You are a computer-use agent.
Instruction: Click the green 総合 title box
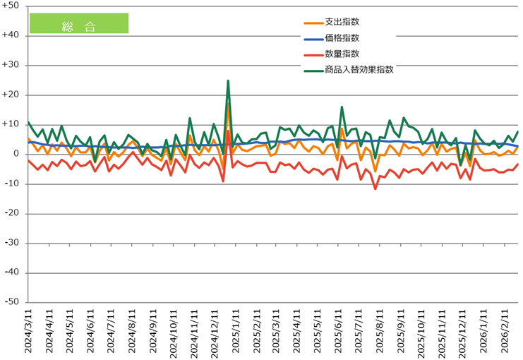pyautogui.click(x=78, y=23)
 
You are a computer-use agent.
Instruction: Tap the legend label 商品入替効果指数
pyautogui.click(x=359, y=69)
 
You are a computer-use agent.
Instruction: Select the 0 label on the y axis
pyautogui.click(x=17, y=154)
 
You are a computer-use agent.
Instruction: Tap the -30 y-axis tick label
pyautogui.click(x=12, y=243)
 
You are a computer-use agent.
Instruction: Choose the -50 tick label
pyautogui.click(x=12, y=302)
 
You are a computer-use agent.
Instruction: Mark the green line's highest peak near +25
pyautogui.click(x=228, y=80)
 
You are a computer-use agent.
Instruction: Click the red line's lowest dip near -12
pyautogui.click(x=375, y=188)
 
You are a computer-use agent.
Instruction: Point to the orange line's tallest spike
pyautogui.click(x=228, y=105)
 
